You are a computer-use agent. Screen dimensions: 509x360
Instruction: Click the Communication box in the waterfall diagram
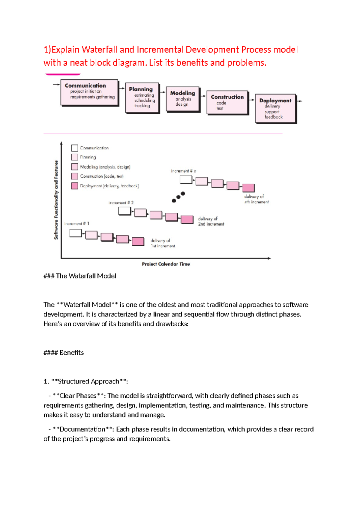tap(89, 92)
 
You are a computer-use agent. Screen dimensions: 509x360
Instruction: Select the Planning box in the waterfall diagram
tap(142, 98)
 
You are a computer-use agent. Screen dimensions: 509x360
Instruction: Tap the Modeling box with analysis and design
tap(182, 99)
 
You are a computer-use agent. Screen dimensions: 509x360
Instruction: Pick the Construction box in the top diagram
tap(227, 102)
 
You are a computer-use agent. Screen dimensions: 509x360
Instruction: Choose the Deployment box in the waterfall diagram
tap(275, 108)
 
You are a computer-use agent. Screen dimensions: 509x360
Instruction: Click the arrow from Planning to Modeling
tap(163, 92)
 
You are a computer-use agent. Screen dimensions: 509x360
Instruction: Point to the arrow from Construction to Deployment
tap(252, 100)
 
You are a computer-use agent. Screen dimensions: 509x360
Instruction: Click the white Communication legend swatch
tap(75, 148)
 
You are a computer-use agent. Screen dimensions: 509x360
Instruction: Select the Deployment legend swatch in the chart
tap(75, 186)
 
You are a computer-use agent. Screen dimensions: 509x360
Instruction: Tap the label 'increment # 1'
tap(76, 224)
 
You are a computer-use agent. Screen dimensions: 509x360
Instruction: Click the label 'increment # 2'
tap(121, 203)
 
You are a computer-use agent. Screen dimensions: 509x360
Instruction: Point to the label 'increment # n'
tap(183, 171)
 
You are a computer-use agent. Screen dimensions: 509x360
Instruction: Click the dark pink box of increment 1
tap(138, 242)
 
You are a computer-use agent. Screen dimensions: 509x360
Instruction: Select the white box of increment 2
tap(124, 211)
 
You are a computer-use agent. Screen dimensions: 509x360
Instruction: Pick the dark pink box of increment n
tap(248, 188)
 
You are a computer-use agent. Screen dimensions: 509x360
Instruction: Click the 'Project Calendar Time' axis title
tap(166, 264)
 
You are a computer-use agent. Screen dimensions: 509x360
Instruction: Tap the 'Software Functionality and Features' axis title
tap(56, 200)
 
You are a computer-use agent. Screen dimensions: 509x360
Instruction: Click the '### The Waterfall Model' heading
tap(80, 276)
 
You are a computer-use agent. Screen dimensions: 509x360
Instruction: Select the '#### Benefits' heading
tap(64, 353)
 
